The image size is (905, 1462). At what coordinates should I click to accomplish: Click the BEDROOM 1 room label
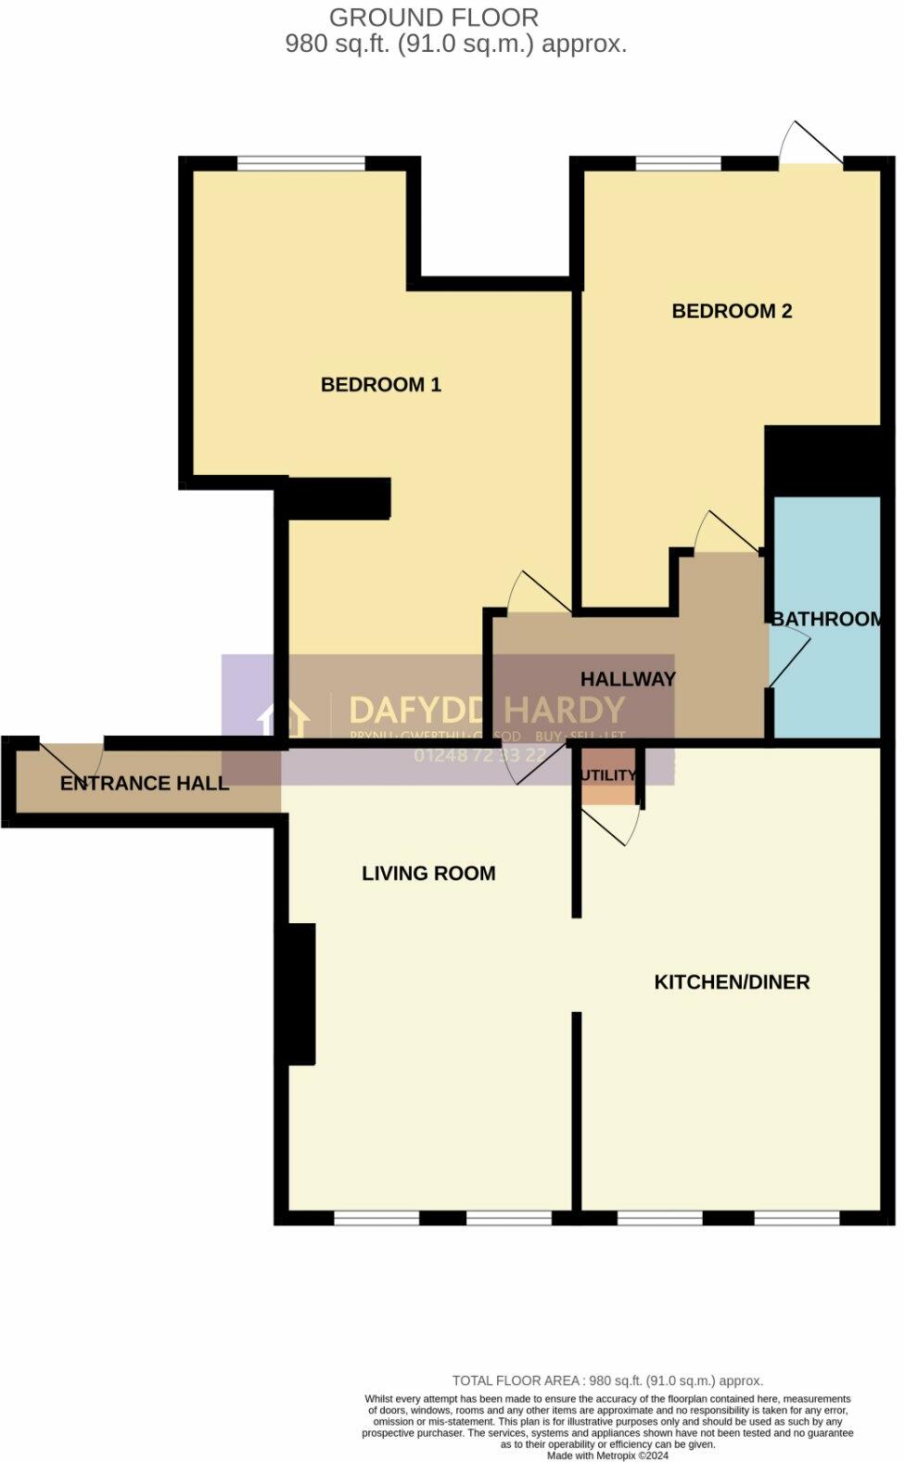coord(380,384)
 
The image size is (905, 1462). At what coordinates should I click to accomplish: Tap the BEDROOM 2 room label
coord(732,311)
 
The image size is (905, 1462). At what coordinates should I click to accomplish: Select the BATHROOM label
coord(826,619)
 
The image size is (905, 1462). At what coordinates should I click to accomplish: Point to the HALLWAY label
coord(628,679)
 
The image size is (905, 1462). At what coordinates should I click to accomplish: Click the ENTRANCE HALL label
coord(145,783)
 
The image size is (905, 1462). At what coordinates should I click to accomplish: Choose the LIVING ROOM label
coord(428,873)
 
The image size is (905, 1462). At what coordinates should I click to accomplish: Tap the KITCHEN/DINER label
coord(732,981)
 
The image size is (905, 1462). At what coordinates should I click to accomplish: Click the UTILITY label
coord(608,776)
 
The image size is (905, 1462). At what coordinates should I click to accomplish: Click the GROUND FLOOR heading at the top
coord(433,18)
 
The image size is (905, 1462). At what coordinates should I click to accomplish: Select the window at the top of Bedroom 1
coord(301,163)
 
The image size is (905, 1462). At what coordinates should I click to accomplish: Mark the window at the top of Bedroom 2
coord(678,163)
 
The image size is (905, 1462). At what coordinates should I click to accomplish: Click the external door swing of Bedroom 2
coord(809,147)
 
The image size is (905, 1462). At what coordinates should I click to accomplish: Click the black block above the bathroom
coord(823,460)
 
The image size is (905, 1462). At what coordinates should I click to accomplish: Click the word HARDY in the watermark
coord(564,712)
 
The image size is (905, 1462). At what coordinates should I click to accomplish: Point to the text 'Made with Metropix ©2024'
coord(607,1456)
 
